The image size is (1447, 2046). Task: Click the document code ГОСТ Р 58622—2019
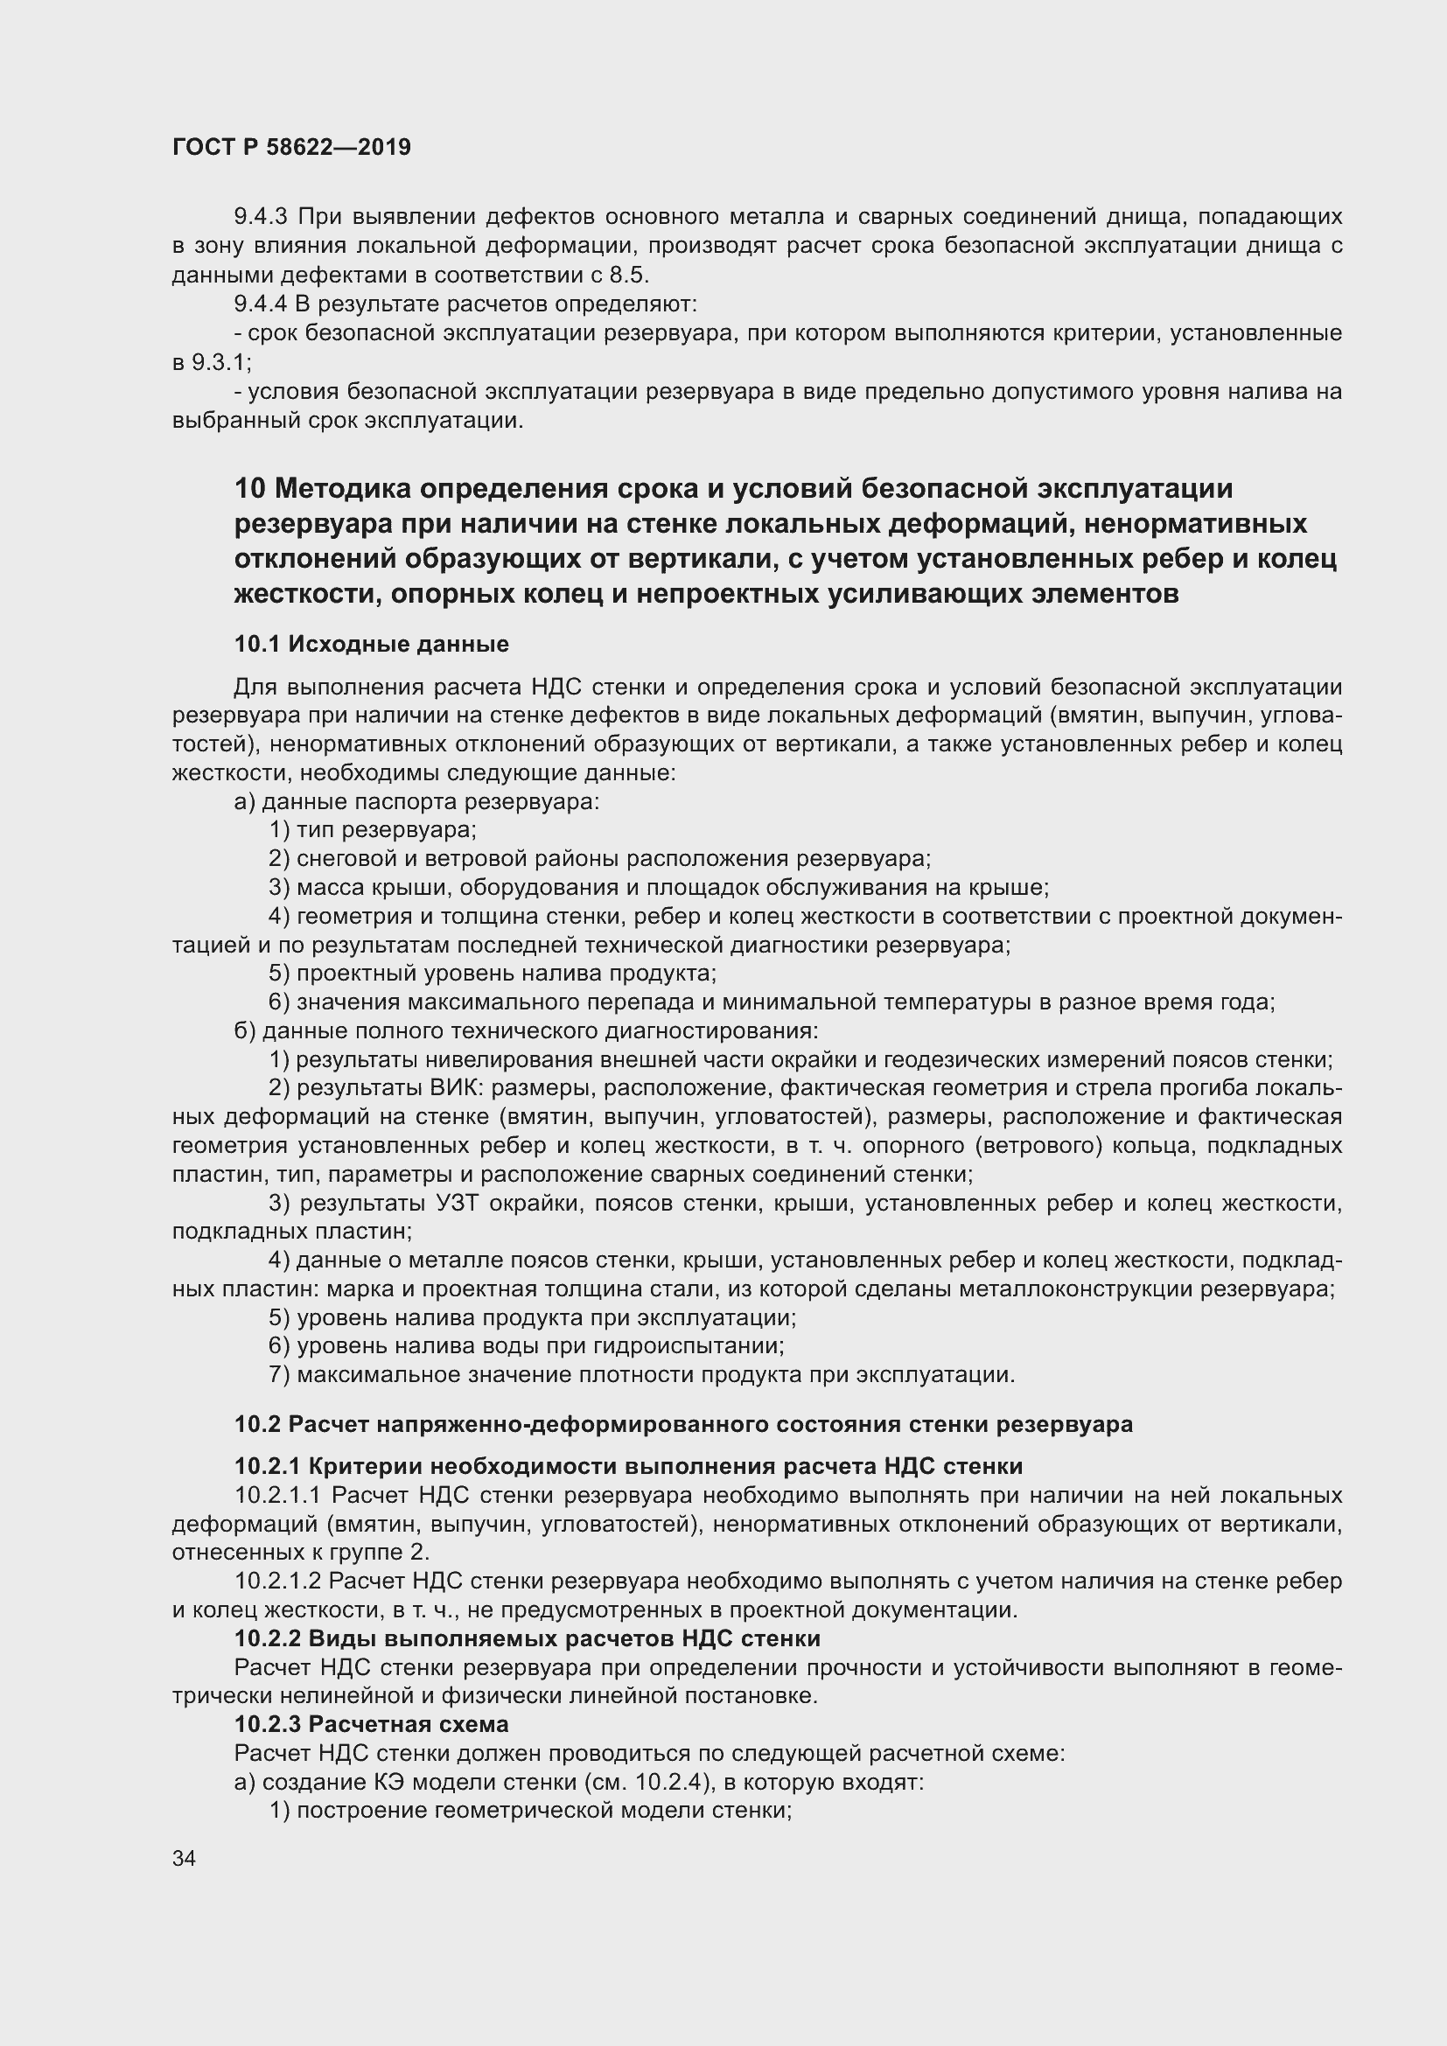[x=291, y=147]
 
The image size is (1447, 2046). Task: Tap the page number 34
[x=185, y=1859]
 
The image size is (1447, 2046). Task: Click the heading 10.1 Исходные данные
[x=372, y=644]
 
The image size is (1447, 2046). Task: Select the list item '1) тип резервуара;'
[x=374, y=829]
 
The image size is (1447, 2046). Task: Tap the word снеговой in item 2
[x=348, y=859]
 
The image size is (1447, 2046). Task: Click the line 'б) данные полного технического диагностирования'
[x=526, y=1031]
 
